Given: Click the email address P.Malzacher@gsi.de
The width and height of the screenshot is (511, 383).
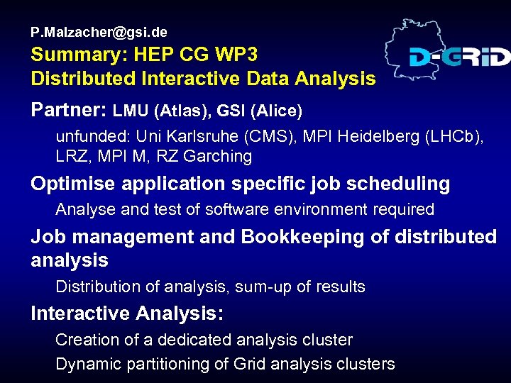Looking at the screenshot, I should coord(99,32).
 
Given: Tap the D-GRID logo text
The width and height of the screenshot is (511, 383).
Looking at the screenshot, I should coord(459,57).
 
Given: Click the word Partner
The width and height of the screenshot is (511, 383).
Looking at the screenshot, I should coord(69,111).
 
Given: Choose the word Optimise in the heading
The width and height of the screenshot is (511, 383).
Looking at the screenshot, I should coord(74,184).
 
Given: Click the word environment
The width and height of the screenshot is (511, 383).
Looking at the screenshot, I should coord(308,209).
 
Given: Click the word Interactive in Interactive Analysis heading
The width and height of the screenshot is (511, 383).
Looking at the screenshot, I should coord(80,313).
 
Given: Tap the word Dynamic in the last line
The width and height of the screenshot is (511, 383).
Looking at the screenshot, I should coord(85,365).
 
